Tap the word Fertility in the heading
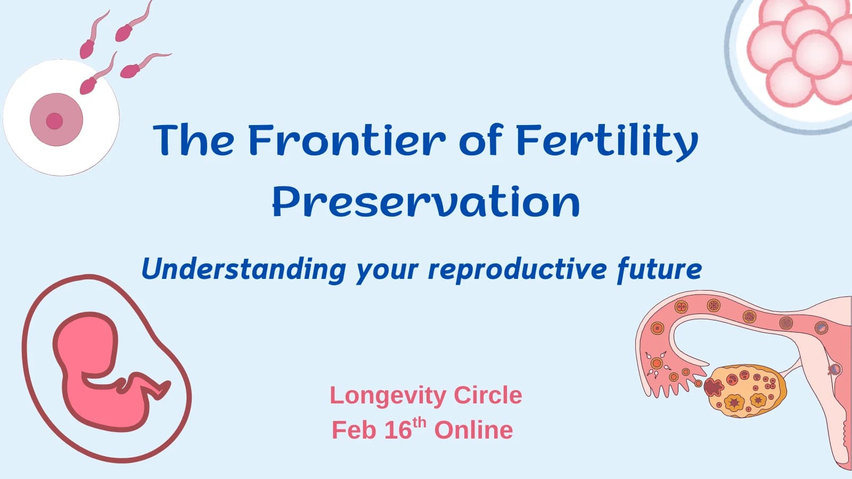tap(607, 142)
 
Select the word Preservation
tap(427, 202)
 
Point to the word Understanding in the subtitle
tap(244, 270)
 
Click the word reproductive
tap(517, 270)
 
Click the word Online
tap(473, 430)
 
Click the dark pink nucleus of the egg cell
tap(54, 121)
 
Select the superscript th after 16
tap(420, 422)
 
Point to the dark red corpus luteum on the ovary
tap(713, 387)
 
